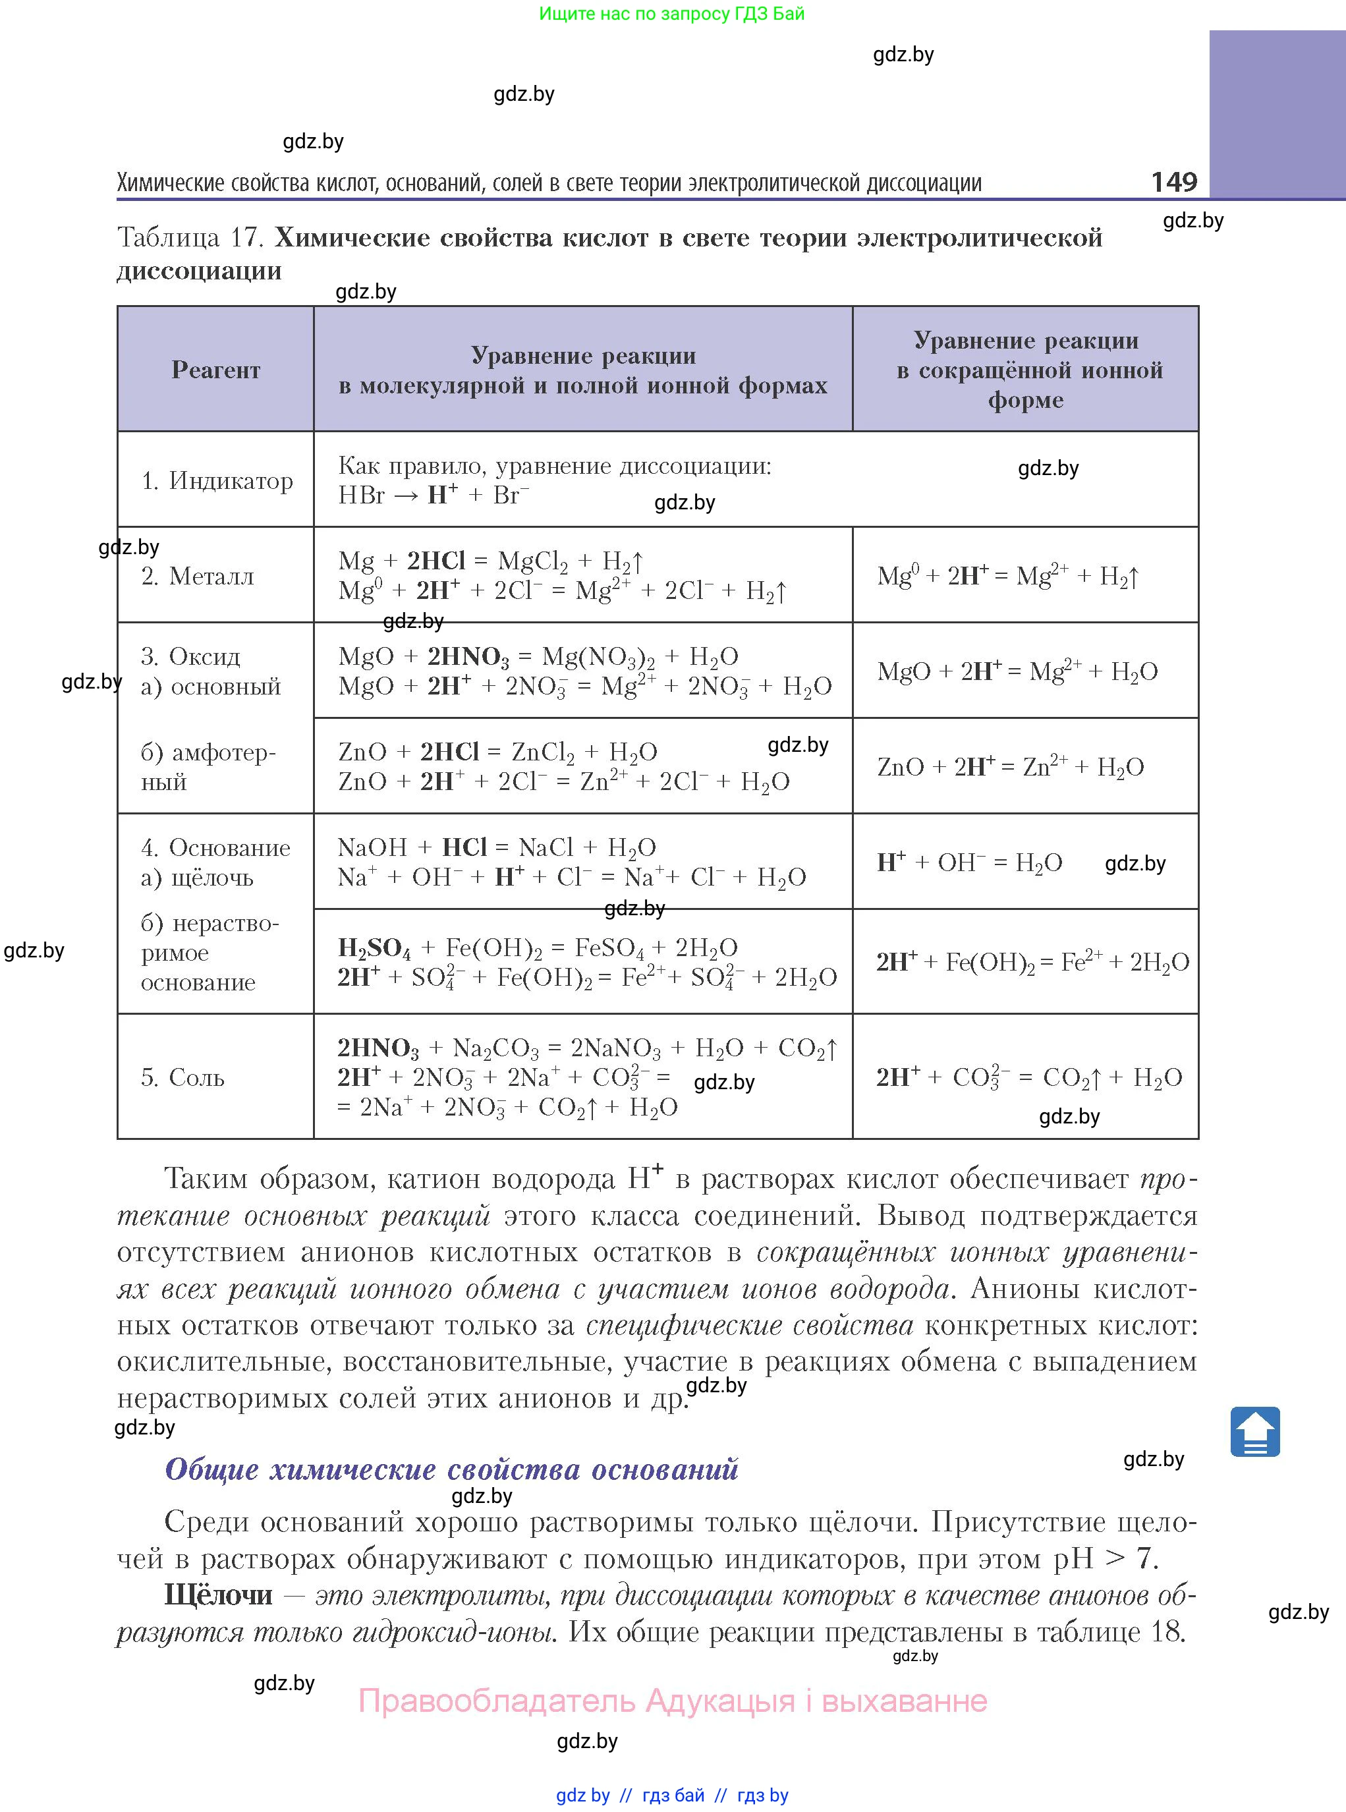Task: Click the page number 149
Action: click(x=1173, y=181)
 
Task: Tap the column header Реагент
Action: click(x=216, y=370)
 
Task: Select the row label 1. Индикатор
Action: click(x=217, y=481)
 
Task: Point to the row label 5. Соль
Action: click(x=182, y=1077)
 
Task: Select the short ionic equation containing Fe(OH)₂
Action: click(x=1032, y=961)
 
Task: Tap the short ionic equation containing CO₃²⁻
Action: click(x=1028, y=1077)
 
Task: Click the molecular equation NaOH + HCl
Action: click(x=496, y=847)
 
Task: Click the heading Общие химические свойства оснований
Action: click(x=451, y=1469)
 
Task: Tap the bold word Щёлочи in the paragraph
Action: click(x=218, y=1595)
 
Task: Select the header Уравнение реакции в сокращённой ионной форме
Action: click(x=1025, y=370)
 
